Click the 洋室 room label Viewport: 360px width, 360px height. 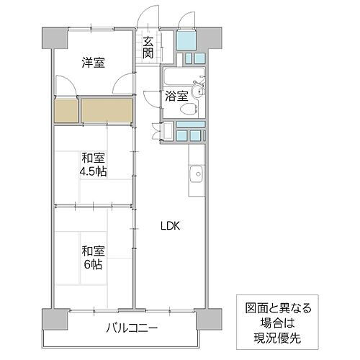(x=92, y=63)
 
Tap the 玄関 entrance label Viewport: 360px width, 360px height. (x=148, y=48)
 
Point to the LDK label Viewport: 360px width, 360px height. (x=171, y=225)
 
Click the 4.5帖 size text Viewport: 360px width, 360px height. (x=94, y=171)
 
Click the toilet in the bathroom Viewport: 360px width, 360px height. (x=188, y=109)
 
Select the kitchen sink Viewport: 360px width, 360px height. (x=195, y=173)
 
